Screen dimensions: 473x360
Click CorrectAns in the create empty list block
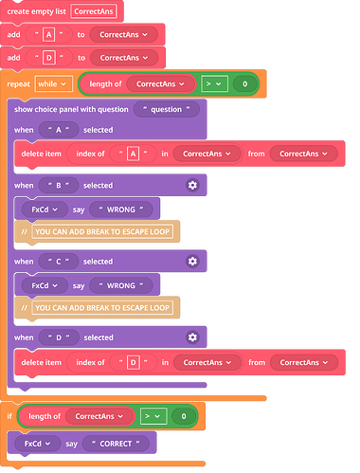click(x=94, y=11)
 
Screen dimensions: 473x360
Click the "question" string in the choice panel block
click(x=167, y=110)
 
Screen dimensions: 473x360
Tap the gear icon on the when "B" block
click(x=192, y=185)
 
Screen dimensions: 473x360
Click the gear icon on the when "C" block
click(x=192, y=261)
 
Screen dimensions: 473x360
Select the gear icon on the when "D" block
click(x=192, y=337)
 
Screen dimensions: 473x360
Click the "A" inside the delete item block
click(x=133, y=153)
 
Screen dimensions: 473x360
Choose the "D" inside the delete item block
click(x=133, y=362)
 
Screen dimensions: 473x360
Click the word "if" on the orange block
click(x=9, y=416)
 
